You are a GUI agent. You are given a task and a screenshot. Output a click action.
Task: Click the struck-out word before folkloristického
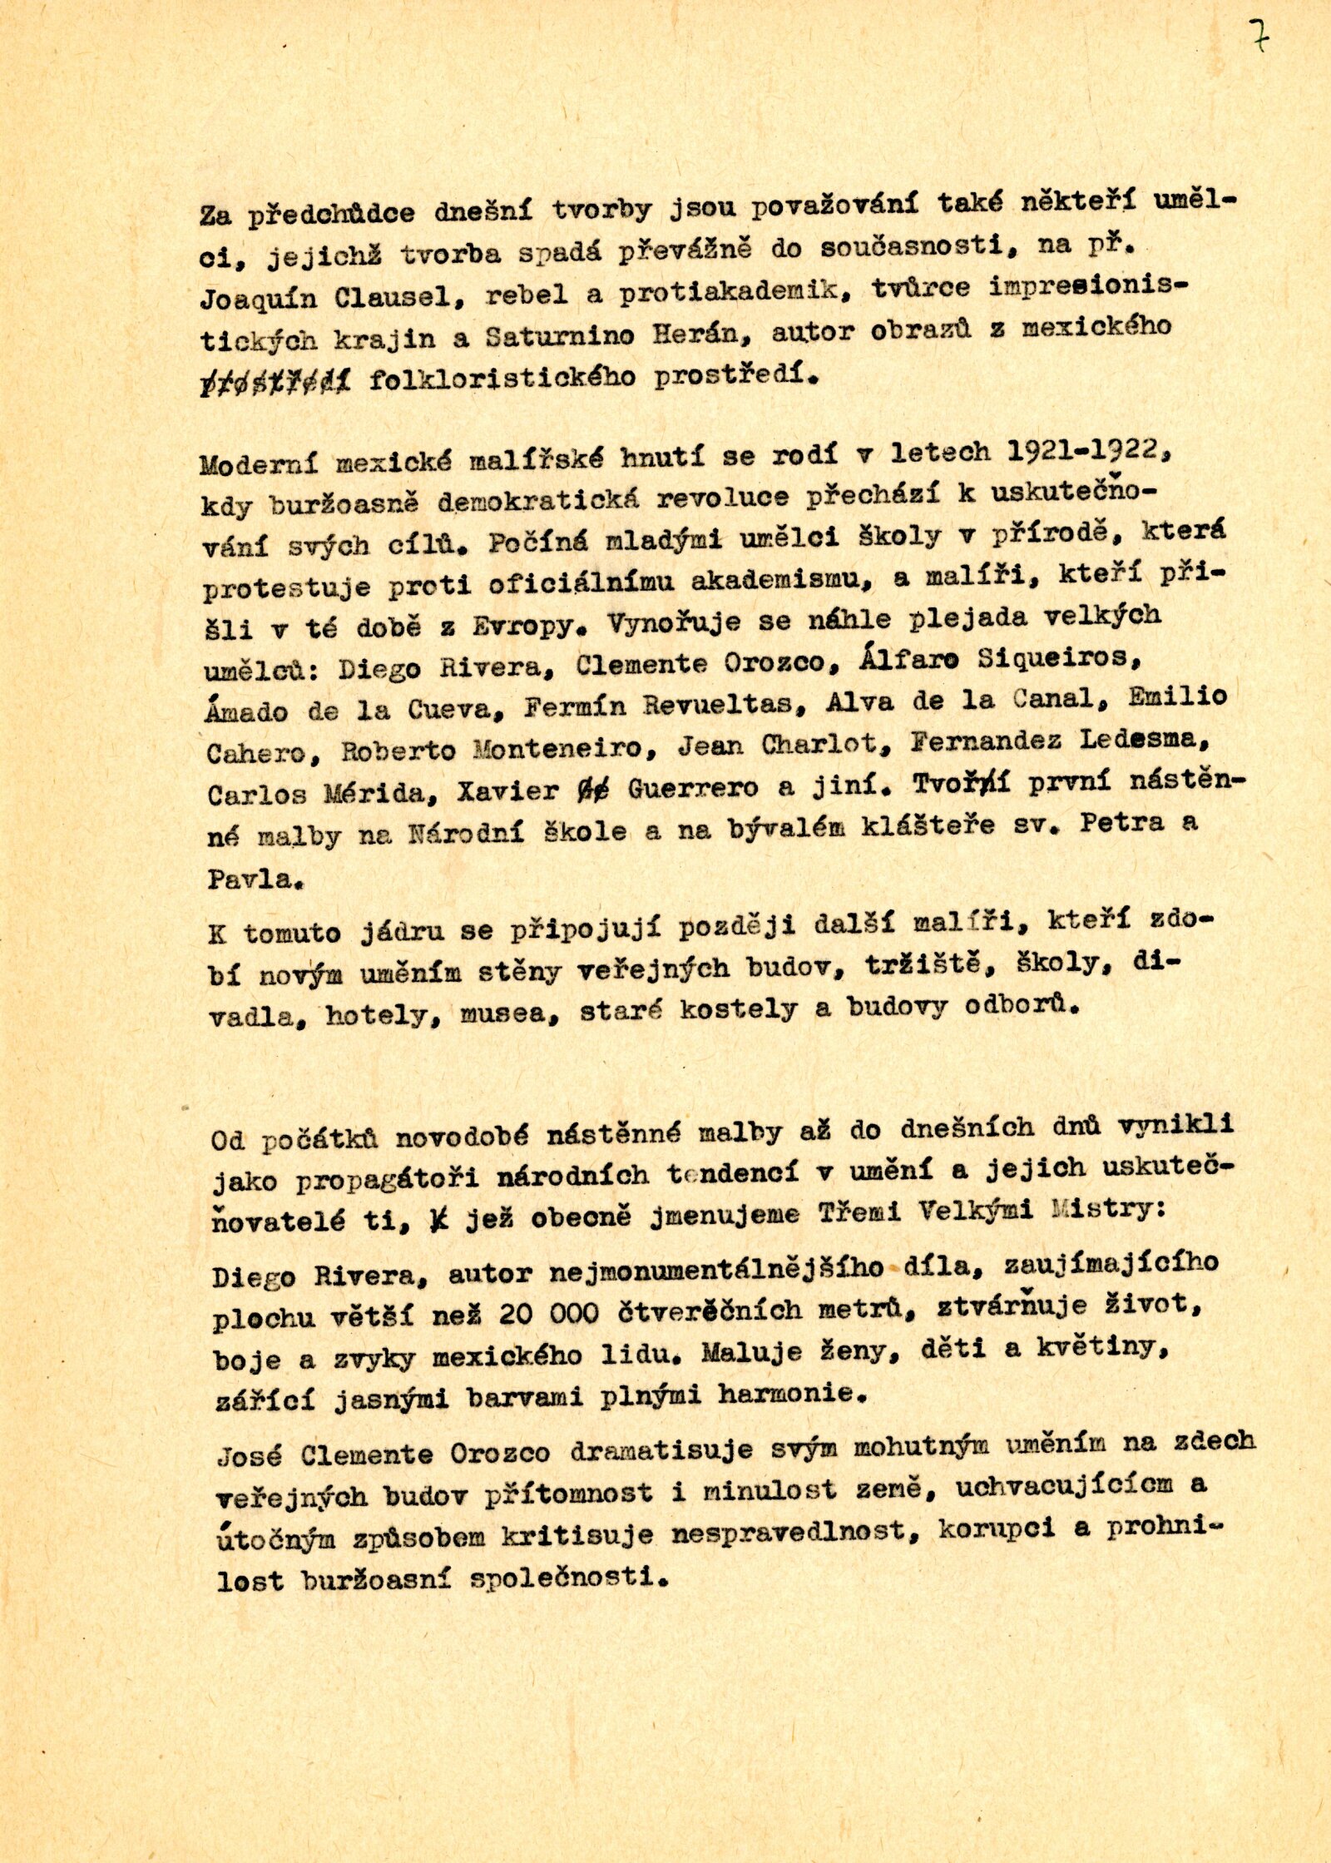[x=275, y=381]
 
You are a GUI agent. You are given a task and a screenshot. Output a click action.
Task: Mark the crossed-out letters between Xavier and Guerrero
[x=592, y=789]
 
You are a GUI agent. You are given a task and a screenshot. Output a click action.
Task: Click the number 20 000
[x=549, y=1313]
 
